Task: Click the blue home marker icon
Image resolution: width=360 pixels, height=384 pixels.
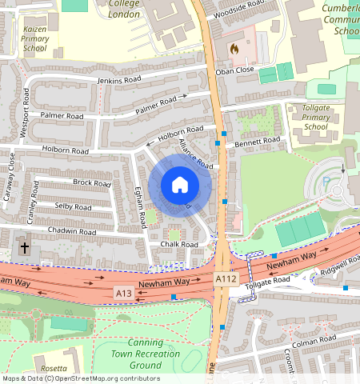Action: point(180,185)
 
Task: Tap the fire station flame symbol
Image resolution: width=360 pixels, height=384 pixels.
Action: point(234,48)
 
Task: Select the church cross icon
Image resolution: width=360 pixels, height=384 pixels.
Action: point(25,248)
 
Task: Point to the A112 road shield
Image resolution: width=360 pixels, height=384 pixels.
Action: point(226,278)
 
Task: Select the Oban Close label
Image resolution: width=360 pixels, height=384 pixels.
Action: point(234,70)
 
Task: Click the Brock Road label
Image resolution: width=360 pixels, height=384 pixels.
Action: point(91,182)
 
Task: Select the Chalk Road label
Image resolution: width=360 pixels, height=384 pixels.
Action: point(178,244)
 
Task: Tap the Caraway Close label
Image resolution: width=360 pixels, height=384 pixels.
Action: point(10,177)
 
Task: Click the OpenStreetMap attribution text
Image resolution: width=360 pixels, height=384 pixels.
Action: point(81,378)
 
